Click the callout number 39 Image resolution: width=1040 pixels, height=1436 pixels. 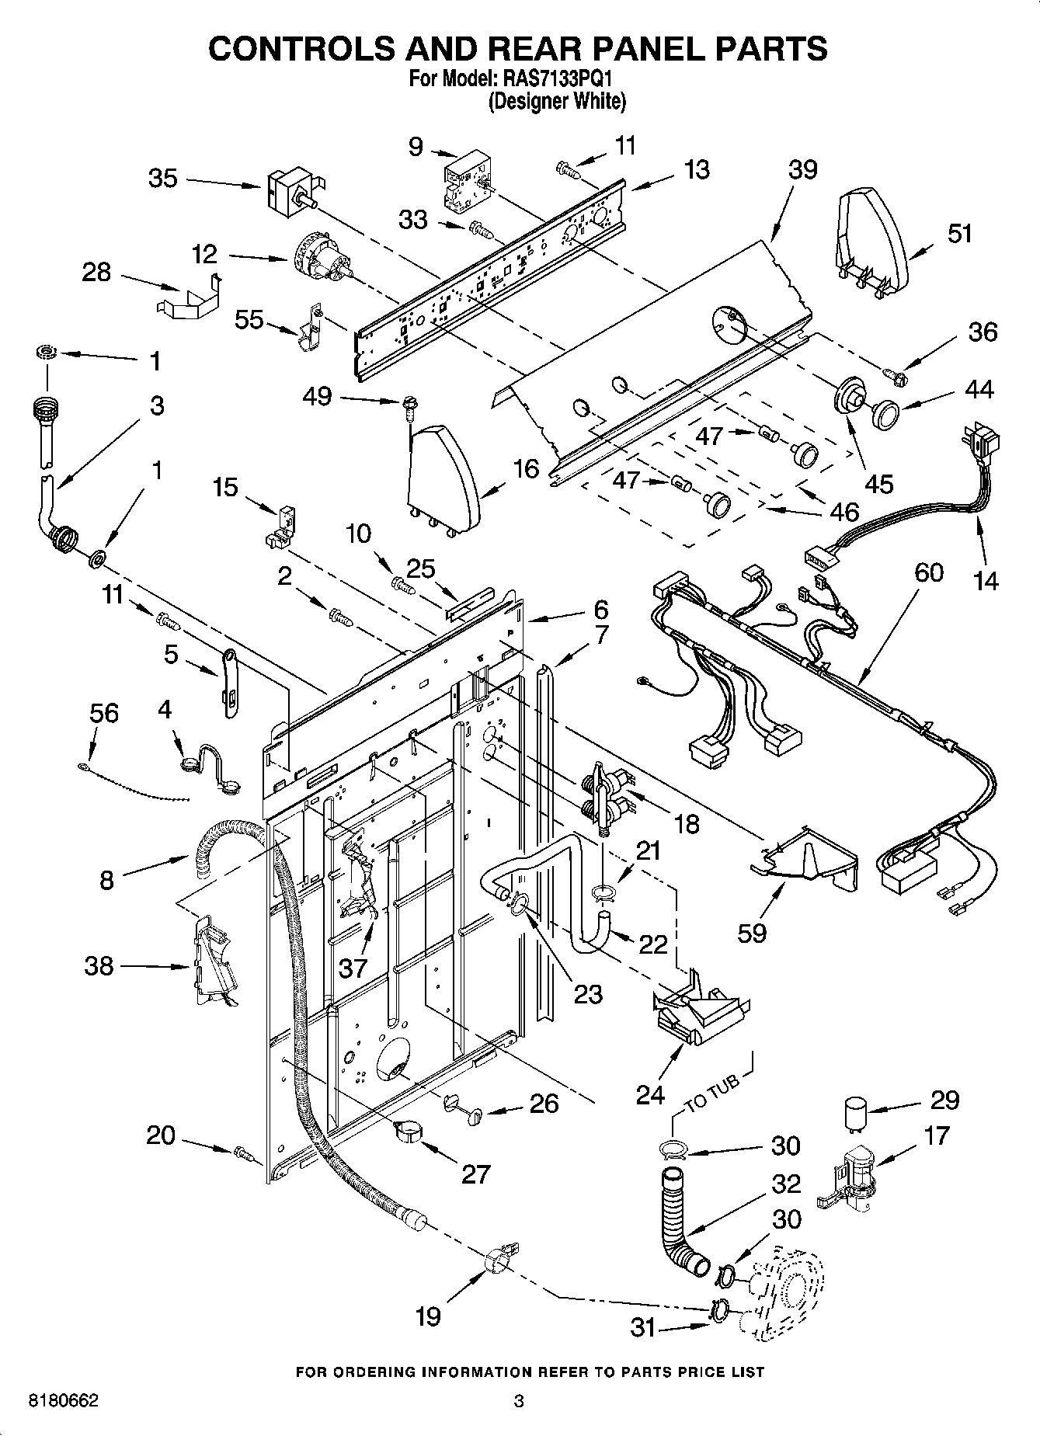pos(802,169)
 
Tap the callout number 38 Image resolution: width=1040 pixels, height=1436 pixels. pos(99,965)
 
